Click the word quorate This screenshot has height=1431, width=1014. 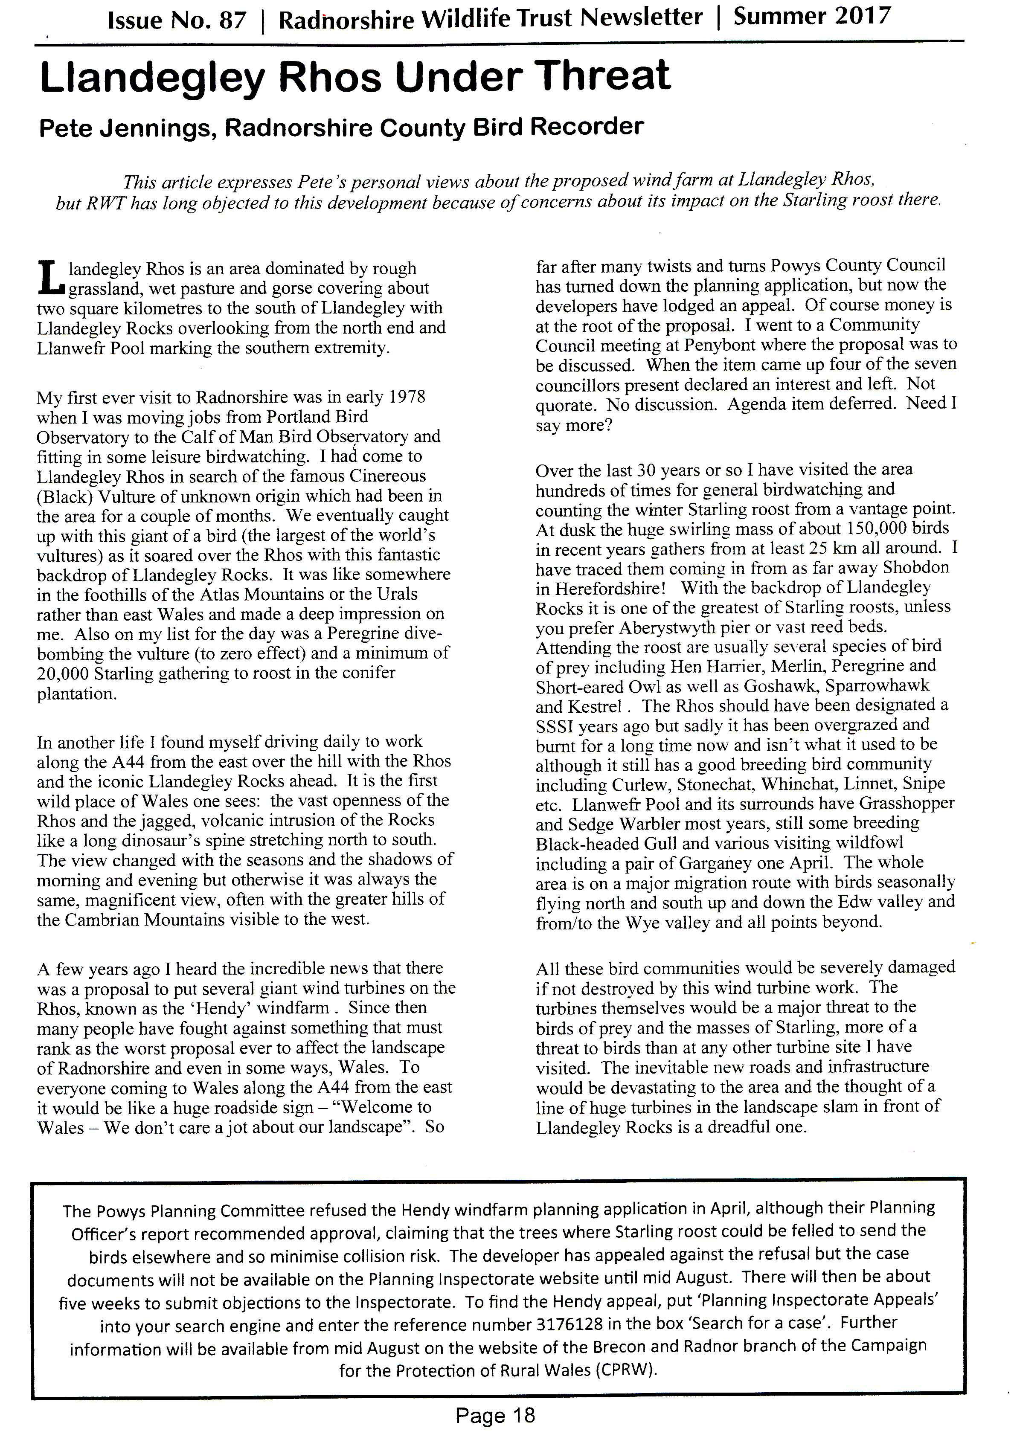(x=565, y=405)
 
